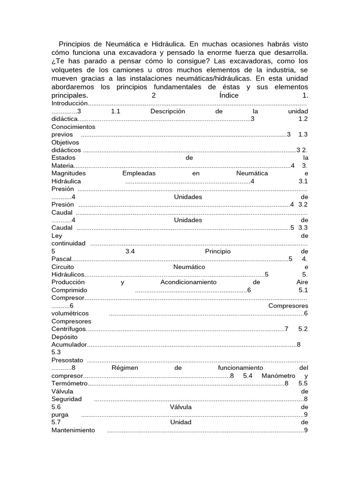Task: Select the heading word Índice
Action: [x=229, y=95]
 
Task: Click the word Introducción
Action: [x=70, y=103]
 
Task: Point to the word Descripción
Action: [x=168, y=111]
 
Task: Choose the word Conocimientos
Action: [x=73, y=127]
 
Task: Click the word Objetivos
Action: [x=65, y=142]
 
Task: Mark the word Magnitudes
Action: [x=68, y=173]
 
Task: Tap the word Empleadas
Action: [x=135, y=173]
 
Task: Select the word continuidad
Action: [x=68, y=243]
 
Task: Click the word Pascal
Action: [x=61, y=259]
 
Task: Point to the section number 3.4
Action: [x=130, y=251]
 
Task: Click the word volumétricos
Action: [x=70, y=313]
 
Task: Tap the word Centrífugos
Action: [x=68, y=329]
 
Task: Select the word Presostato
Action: [x=67, y=360]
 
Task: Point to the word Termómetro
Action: [x=70, y=383]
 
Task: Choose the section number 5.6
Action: [x=56, y=407]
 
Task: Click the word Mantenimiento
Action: [x=73, y=430]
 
